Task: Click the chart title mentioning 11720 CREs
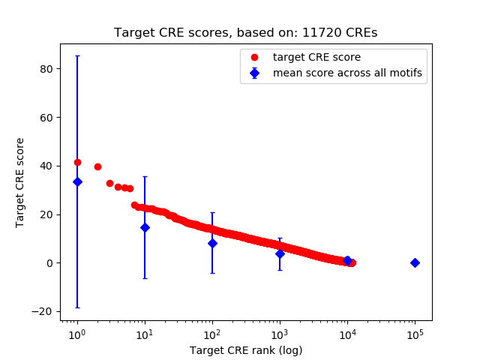tap(245, 33)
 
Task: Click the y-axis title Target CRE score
tap(21, 182)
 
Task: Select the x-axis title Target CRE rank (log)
tap(246, 350)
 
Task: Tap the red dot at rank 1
tap(77, 162)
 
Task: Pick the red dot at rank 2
tap(97, 166)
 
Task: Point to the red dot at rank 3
tap(109, 183)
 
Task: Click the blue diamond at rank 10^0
tap(77, 181)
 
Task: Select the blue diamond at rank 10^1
tap(145, 227)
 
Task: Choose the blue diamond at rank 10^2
tap(212, 243)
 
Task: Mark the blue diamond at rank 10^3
tap(280, 253)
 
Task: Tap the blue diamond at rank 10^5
tap(415, 262)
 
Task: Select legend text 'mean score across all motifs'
tap(347, 73)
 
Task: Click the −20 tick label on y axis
tap(45, 312)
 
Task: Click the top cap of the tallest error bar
tap(77, 55)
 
